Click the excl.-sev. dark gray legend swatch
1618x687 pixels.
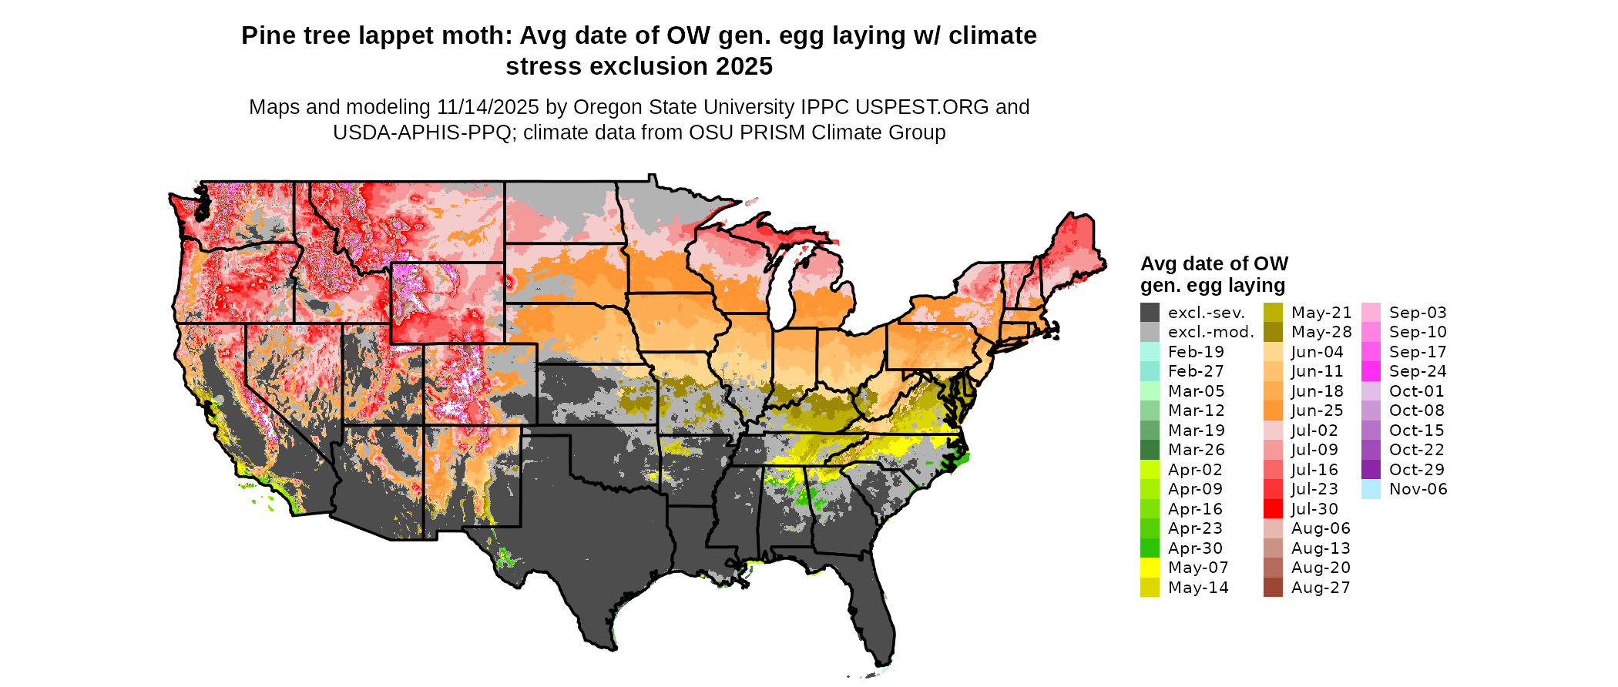[1150, 313]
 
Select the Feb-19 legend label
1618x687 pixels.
[1196, 352]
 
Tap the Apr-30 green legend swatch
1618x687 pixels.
[1150, 548]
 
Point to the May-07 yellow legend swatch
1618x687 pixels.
[1150, 568]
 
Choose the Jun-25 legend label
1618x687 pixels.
[1317, 411]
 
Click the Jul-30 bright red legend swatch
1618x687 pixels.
[1273, 509]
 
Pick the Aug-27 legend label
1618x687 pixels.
[1321, 588]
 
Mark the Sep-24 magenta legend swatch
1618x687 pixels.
[1371, 371]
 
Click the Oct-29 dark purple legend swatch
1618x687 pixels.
[1371, 470]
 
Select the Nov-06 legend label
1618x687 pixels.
[1418, 489]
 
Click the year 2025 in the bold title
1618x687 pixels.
[744, 67]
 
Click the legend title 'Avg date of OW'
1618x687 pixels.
[1213, 264]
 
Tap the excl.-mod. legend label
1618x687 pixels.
[1210, 332]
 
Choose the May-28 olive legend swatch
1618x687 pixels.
[1273, 332]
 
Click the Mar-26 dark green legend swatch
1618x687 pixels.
[1150, 450]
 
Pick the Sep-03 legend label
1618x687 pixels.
[1418, 313]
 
